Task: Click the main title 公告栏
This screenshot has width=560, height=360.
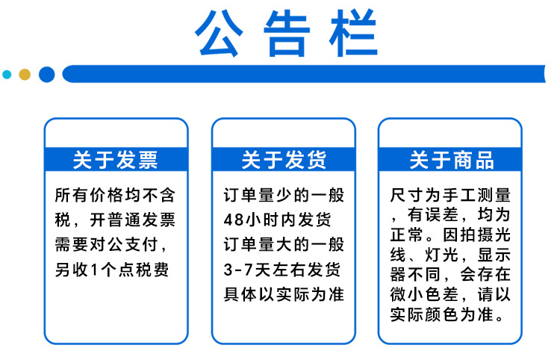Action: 287,34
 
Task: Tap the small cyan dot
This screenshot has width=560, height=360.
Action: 7,74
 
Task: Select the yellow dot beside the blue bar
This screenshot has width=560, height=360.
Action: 25,74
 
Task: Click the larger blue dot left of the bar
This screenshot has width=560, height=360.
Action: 46,74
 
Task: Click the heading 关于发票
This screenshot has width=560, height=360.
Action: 116,160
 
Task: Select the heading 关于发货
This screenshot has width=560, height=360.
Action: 284,160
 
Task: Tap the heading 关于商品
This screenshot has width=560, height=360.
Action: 452,160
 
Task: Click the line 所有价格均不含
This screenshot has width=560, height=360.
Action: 115,196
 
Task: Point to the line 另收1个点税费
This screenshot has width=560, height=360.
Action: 112,269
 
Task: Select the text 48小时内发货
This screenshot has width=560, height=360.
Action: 276,220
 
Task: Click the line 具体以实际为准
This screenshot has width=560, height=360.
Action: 284,294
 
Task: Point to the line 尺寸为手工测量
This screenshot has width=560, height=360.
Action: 451,196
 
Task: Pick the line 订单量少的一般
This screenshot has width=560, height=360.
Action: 284,196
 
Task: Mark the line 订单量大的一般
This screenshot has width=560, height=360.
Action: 284,244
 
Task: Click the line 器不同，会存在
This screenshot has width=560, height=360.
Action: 451,274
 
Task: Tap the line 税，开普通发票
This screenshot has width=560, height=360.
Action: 115,220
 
